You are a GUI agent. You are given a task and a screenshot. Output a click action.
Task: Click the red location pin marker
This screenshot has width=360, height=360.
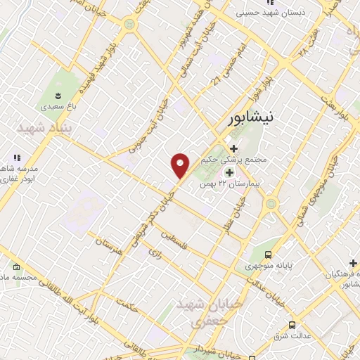point(181,165)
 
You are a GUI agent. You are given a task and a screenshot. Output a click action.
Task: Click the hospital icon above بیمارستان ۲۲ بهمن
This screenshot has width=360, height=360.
point(229,172)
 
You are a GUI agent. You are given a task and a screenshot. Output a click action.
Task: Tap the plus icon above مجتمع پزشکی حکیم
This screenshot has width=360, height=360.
point(234,148)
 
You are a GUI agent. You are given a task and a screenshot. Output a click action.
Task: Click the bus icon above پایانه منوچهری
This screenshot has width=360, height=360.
point(268,255)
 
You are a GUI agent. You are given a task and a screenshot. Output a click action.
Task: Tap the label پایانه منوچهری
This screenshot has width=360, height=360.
point(268,266)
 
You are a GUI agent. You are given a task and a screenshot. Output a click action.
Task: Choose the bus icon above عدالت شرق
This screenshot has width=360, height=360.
point(291,325)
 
